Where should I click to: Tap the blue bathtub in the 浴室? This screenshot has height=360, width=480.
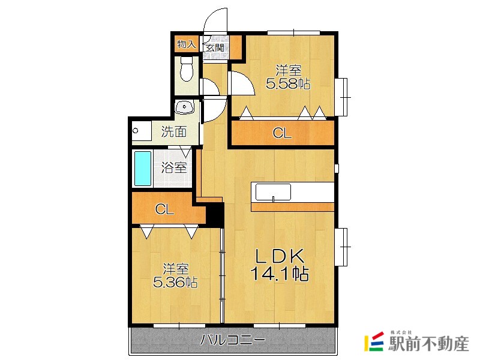click(143, 169)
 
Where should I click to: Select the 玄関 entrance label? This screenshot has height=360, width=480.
click(215, 48)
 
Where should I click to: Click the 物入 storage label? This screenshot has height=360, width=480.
click(187, 44)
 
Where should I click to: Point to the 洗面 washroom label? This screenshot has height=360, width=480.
click(174, 131)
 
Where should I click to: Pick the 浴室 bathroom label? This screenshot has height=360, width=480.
click(174, 168)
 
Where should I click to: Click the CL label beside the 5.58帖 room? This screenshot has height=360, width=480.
click(282, 133)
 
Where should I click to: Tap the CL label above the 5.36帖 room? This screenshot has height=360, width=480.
click(164, 209)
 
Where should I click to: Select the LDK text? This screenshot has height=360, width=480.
click(280, 257)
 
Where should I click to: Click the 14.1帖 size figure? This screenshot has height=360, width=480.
click(280, 274)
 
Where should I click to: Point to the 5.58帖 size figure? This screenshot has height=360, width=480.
click(288, 83)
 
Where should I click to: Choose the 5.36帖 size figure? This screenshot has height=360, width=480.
click(175, 282)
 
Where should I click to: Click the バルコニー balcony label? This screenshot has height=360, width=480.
click(233, 340)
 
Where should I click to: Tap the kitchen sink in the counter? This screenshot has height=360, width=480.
click(273, 192)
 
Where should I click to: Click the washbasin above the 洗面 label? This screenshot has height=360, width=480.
click(184, 107)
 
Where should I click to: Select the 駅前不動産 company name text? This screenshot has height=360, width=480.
click(428, 344)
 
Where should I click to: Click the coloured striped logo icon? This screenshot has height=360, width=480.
click(374, 341)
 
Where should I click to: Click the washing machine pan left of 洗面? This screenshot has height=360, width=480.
click(142, 131)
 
